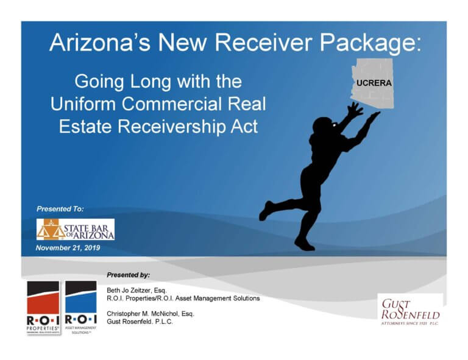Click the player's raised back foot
pyautogui.click(x=266, y=210)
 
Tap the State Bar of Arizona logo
pyautogui.click(x=75, y=230)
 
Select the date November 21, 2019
pyautogui.click(x=68, y=248)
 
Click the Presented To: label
pyautogui.click(x=60, y=209)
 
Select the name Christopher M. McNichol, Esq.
pyautogui.click(x=150, y=314)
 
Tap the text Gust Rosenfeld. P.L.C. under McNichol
pyautogui.click(x=140, y=322)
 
